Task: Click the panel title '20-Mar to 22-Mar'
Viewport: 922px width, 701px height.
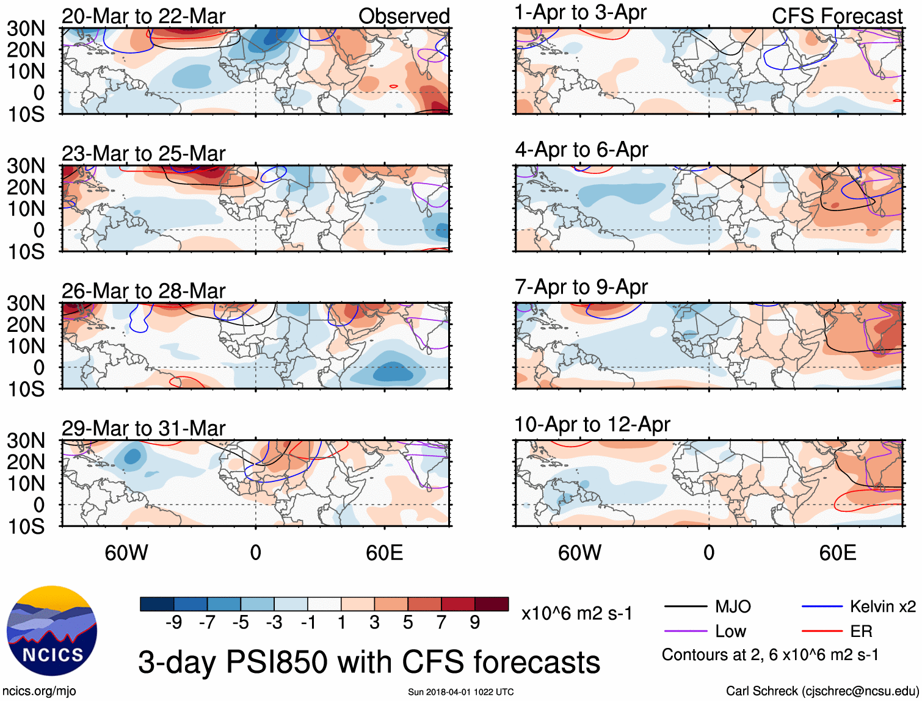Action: [143, 16]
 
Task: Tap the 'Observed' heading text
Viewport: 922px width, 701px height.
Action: [404, 16]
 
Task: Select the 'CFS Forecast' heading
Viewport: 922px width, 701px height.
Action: [837, 16]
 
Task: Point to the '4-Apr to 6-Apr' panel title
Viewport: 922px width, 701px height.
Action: [581, 149]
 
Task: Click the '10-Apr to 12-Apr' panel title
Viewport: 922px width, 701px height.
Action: [592, 424]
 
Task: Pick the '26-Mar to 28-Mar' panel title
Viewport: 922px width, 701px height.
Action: [143, 291]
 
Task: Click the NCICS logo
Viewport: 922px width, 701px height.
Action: [52, 631]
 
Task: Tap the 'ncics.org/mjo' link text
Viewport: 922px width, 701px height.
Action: [39, 691]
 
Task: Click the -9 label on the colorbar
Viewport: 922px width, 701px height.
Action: [173, 622]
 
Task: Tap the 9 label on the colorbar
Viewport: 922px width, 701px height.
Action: [475, 622]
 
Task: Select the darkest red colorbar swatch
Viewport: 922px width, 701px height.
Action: [492, 604]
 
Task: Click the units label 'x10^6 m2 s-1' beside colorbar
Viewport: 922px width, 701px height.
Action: [576, 613]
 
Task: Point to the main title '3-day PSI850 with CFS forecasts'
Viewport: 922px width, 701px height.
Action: [369, 662]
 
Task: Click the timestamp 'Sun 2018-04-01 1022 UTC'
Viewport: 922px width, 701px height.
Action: [460, 692]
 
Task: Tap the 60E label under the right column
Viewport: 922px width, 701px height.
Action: [837, 553]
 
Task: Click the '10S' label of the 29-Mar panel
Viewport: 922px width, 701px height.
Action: [26, 526]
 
